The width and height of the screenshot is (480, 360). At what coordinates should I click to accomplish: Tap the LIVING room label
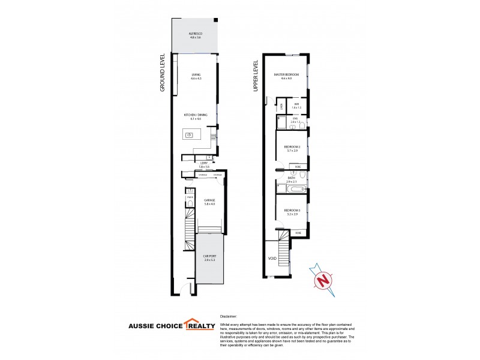click(195, 74)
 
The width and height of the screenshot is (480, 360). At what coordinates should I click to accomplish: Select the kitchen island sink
click(189, 135)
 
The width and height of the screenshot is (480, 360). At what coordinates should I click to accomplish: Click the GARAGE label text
click(209, 200)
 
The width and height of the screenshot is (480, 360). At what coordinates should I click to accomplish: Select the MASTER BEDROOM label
click(286, 74)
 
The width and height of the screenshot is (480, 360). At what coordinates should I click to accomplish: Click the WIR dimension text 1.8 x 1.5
click(296, 107)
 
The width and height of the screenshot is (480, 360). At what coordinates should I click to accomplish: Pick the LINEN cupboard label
click(281, 107)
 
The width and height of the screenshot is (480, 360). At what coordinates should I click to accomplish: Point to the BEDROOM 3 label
click(293, 211)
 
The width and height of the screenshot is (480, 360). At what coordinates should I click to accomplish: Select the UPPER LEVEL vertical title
click(255, 75)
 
